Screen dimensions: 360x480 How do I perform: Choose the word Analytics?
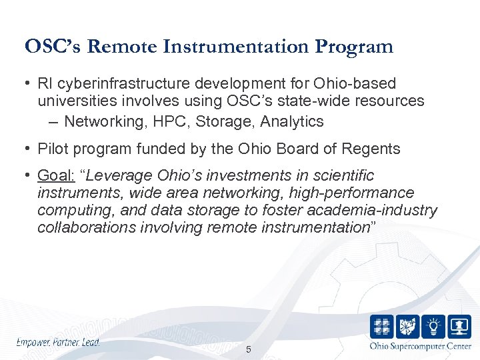click(x=292, y=121)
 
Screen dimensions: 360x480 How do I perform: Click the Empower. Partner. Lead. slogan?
click(x=58, y=342)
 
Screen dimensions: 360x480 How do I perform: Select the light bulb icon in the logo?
click(x=433, y=327)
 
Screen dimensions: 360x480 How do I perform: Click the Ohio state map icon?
click(x=408, y=327)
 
